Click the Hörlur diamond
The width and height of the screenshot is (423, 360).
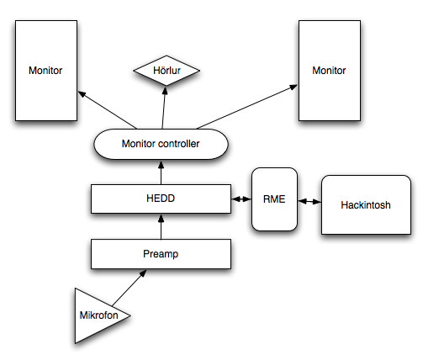[x=167, y=71]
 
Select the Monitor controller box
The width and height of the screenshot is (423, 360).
[x=161, y=144]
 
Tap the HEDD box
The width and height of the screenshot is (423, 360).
[x=161, y=199]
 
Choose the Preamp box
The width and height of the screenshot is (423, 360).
[x=161, y=254]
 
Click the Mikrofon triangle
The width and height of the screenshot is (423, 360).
[x=95, y=315]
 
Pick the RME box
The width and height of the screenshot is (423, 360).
[x=274, y=199]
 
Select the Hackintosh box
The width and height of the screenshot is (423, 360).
[x=366, y=205]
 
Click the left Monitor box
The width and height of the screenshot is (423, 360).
[x=46, y=71]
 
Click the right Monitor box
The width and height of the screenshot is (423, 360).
[x=330, y=71]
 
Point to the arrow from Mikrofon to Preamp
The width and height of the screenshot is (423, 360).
[x=130, y=288]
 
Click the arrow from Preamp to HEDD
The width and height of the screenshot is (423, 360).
[x=161, y=226]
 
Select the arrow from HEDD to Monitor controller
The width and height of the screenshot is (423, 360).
[x=161, y=172]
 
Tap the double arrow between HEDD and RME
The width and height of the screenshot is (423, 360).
[x=241, y=199]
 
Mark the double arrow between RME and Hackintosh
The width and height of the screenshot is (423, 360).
[x=309, y=201]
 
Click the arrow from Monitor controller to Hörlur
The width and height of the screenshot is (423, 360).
[x=164, y=108]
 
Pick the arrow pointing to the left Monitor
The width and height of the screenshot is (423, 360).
[x=107, y=110]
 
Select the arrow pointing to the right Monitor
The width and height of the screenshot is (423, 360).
[x=247, y=107]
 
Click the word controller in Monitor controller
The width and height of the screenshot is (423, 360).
[x=178, y=144]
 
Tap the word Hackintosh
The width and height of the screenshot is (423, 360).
[x=366, y=205]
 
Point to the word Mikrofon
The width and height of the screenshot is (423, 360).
[x=99, y=315]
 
